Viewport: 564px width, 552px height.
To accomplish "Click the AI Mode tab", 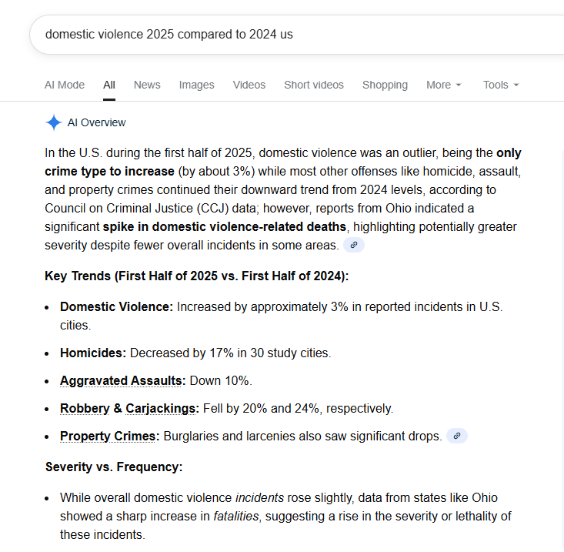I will click(65, 85).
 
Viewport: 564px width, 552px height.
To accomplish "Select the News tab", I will click(147, 85).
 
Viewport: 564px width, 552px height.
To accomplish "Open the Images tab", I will click(197, 85).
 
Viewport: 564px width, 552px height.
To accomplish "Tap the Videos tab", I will click(249, 85).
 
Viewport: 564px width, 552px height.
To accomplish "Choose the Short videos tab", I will click(314, 85).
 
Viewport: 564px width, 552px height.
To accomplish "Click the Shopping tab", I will click(385, 85).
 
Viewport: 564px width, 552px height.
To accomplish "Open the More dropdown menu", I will click(444, 85).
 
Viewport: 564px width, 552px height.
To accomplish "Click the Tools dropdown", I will click(501, 85).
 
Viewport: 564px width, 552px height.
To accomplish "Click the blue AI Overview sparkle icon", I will click(53, 122).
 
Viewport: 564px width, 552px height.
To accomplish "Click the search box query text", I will click(169, 35).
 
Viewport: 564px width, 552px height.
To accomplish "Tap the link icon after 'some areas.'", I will click(354, 245).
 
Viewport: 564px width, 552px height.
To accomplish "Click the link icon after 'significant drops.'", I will click(457, 436).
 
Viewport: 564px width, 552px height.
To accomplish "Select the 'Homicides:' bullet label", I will click(93, 353).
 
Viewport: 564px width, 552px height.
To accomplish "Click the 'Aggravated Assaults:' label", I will click(122, 380).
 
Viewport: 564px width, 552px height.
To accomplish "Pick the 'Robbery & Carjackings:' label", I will click(129, 408).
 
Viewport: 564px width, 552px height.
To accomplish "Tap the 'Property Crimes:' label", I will click(110, 436).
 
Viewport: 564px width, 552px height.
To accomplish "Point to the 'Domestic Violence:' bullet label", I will click(117, 306).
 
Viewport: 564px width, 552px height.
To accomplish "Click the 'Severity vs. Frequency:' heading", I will click(114, 467).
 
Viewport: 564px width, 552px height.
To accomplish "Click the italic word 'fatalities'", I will click(235, 516).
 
